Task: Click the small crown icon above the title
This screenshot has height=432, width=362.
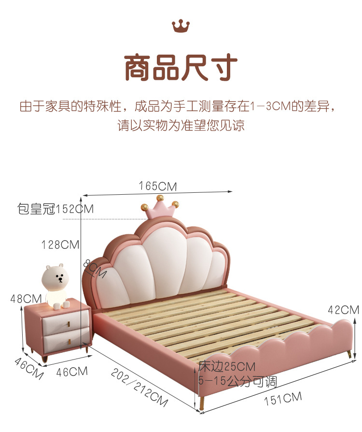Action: [x=181, y=26]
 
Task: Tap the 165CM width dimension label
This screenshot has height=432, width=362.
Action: [x=157, y=186]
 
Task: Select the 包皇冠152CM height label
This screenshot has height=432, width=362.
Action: [x=56, y=209]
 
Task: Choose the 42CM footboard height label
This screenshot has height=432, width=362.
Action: [x=343, y=310]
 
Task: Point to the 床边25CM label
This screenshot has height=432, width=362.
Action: [x=226, y=367]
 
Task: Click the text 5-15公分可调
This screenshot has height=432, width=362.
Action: [x=237, y=382]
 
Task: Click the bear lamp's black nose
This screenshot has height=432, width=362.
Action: [x=60, y=278]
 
